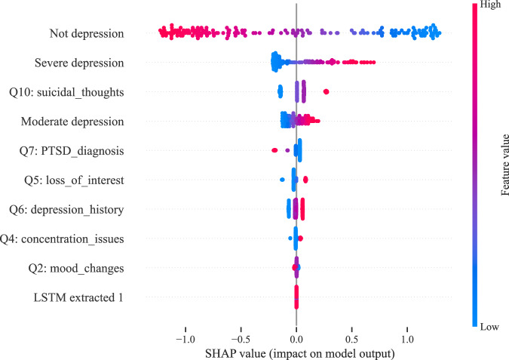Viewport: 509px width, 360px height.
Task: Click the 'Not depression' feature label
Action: [87, 33]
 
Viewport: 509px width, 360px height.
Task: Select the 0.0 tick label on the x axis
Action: [296, 338]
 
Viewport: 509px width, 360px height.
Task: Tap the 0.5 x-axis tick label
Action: [351, 338]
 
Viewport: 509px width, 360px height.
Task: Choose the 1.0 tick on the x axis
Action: [407, 338]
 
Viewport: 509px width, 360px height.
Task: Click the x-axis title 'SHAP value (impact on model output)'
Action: [296, 352]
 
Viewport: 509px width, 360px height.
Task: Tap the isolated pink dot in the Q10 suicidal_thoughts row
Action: [326, 91]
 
